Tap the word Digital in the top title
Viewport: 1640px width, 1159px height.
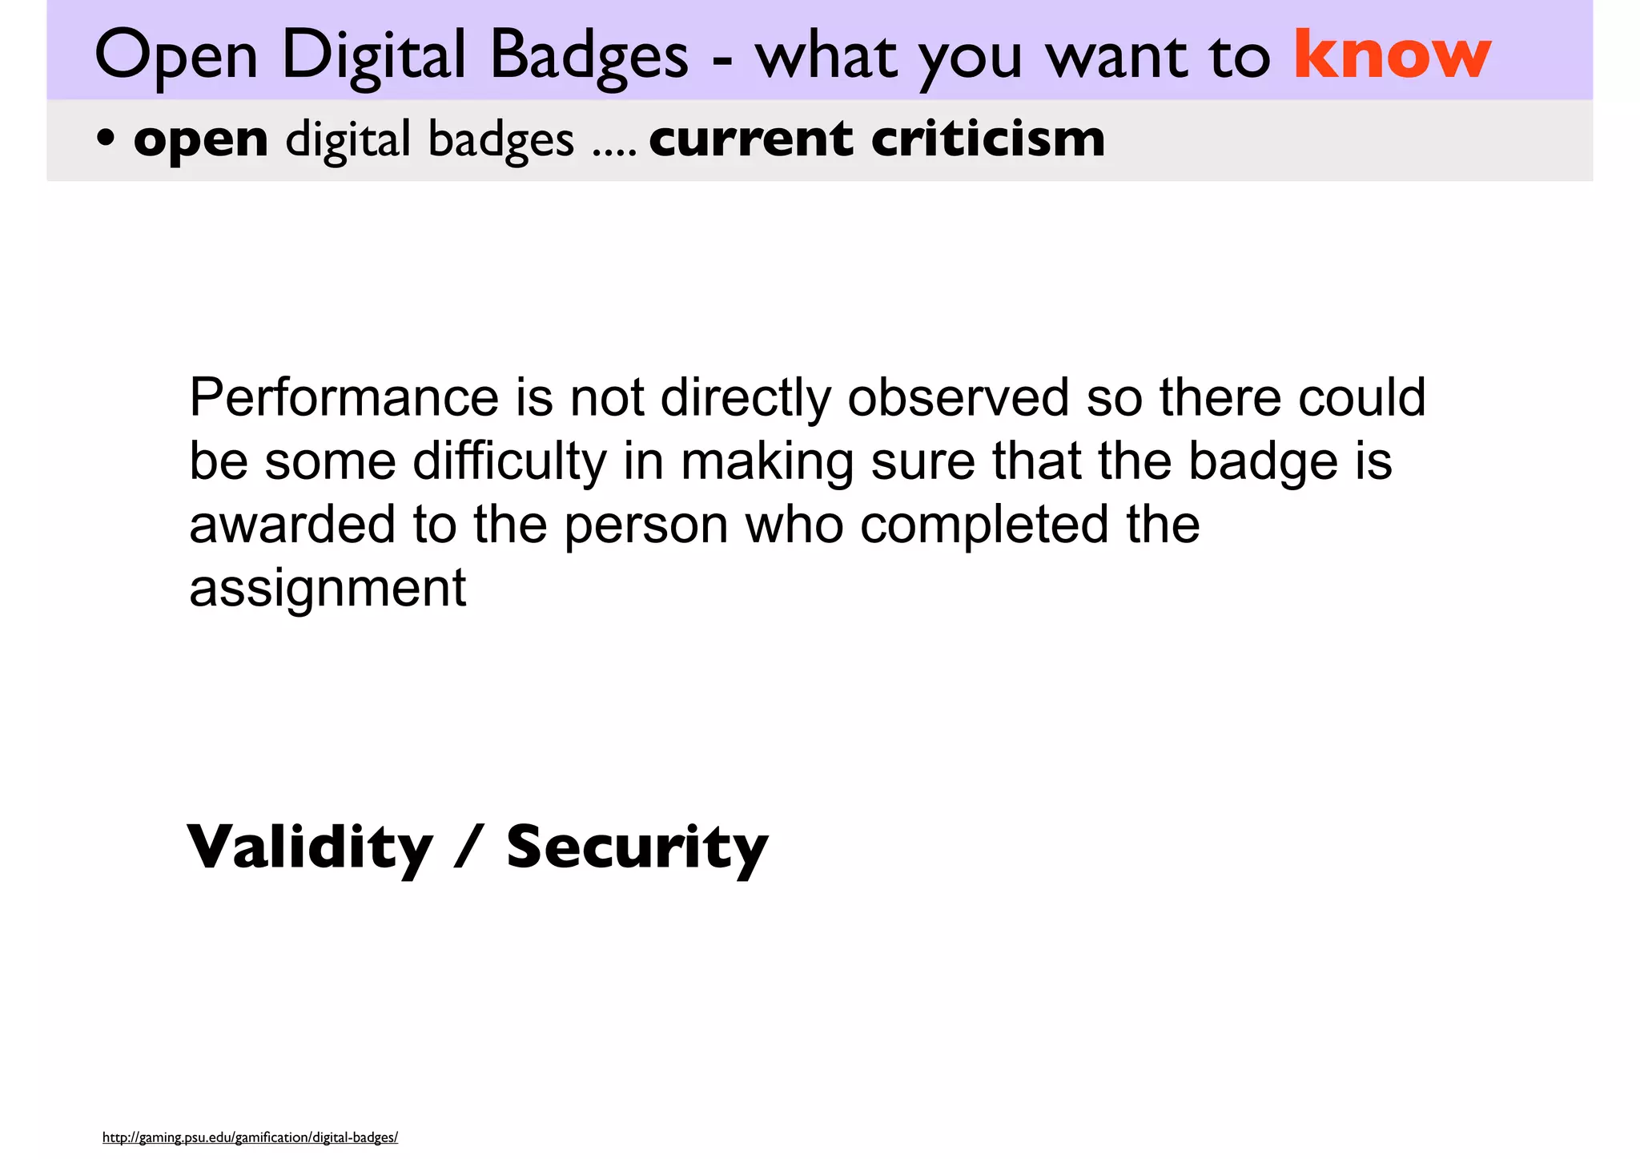pos(373,56)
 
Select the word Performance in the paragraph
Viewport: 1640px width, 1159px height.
pos(344,397)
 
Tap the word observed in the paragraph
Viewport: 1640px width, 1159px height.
pos(958,397)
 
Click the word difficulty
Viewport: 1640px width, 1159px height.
pos(509,462)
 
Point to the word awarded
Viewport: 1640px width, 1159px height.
pos(292,525)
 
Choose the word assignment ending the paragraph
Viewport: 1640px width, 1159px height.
pos(328,589)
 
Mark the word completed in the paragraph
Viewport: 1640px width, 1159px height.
pos(984,525)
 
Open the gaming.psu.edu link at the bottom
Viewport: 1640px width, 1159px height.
pos(250,1137)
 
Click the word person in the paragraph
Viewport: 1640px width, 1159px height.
pos(646,525)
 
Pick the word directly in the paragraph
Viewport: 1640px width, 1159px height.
pos(746,397)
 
